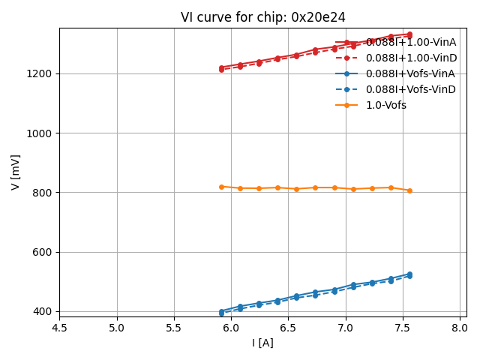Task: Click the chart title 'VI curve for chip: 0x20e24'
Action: click(262, 17)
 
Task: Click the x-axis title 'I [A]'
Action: click(262, 343)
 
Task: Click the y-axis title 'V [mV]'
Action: click(16, 172)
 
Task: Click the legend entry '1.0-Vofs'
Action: click(386, 105)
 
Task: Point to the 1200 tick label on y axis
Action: click(40, 73)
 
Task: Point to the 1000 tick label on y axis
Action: click(40, 133)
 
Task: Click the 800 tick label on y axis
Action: click(43, 193)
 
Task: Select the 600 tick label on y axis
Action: click(43, 252)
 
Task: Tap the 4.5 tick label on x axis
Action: click(60, 328)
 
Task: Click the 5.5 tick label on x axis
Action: click(174, 328)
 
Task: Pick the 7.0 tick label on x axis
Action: click(346, 328)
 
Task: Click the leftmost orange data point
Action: click(221, 187)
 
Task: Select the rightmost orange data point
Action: click(409, 190)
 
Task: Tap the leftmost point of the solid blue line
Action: click(221, 311)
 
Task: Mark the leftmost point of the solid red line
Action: click(221, 67)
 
